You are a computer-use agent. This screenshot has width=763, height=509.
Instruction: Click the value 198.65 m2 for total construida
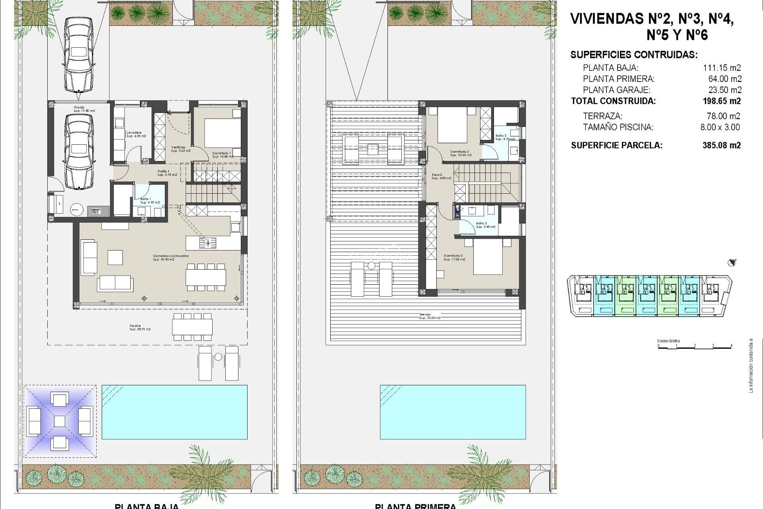[721, 101]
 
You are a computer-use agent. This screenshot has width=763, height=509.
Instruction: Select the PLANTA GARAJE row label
[616, 90]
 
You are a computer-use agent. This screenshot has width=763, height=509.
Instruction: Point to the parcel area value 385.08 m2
[721, 146]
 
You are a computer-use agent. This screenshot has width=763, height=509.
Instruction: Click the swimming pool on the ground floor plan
[174, 412]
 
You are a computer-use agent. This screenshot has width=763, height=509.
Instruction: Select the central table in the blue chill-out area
[59, 421]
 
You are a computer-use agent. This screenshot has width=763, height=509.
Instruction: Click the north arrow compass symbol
[732, 262]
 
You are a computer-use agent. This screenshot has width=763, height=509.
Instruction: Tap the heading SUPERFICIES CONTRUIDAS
[633, 55]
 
